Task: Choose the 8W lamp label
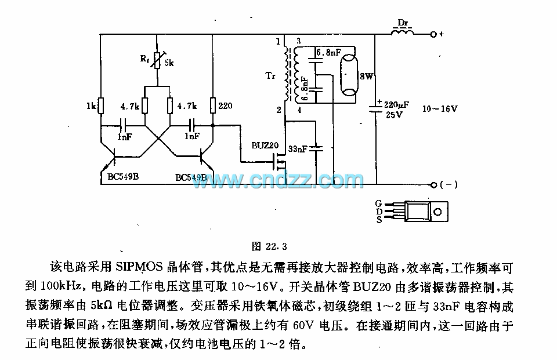coord(366,76)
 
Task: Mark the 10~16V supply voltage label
coord(440,108)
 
